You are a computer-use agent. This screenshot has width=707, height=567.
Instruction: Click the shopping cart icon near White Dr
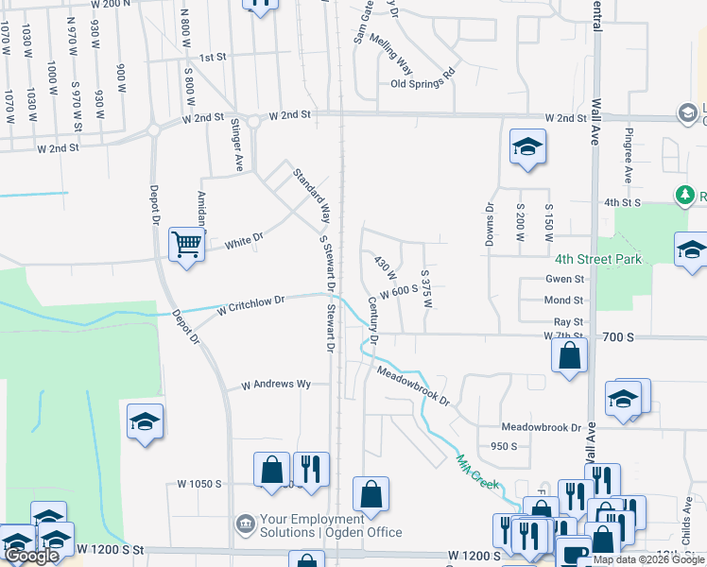(x=187, y=245)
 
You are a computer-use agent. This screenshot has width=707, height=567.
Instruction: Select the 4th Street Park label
(x=598, y=259)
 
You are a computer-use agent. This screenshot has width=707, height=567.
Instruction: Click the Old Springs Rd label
(x=422, y=84)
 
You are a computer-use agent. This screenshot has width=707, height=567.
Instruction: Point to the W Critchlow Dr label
(x=250, y=305)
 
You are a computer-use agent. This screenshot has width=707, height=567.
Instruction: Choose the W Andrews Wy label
(x=276, y=386)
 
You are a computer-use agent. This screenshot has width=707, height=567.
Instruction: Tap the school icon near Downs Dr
(x=527, y=146)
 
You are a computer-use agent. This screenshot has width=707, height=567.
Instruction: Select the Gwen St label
(x=564, y=280)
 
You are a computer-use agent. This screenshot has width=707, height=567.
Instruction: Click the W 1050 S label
(x=199, y=484)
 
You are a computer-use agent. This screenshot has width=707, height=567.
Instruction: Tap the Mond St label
(x=564, y=301)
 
